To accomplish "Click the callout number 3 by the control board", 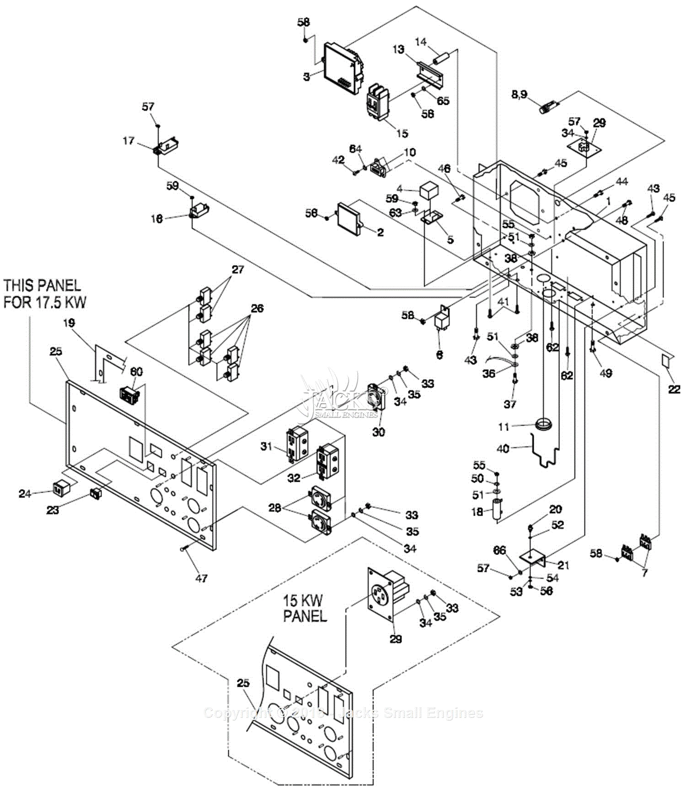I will coord(307,76).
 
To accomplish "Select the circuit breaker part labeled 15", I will coord(378,101).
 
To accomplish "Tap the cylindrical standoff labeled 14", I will coord(442,59).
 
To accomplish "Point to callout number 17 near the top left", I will coord(129,141).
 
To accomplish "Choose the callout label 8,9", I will coord(519,95).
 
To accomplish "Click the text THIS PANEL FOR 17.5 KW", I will coord(44,293).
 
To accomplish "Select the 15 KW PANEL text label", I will coord(305,608).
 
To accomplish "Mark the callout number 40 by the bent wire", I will coord(503,449).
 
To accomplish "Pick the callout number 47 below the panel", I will coord(201,578).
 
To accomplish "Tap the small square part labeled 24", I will coord(58,489).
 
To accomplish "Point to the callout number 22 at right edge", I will coord(674,389).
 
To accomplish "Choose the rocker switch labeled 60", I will coord(129,394).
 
